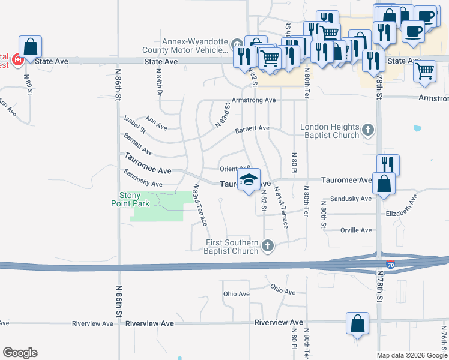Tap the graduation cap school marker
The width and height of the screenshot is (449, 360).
[249, 180]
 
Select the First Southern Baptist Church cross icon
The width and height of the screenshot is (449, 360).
[268, 245]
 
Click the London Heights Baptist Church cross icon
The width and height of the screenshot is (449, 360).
[368, 130]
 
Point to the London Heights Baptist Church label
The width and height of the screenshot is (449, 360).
[330, 131]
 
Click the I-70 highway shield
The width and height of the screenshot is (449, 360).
[390, 264]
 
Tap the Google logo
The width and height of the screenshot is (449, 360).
[20, 353]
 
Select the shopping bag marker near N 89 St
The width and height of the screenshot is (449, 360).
[30, 47]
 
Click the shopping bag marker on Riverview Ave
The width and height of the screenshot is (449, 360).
[357, 323]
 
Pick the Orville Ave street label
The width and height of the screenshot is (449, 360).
[356, 230]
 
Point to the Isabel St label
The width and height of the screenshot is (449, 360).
[134, 125]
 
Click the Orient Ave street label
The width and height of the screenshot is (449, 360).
[234, 169]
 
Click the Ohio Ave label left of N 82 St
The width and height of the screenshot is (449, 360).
[236, 294]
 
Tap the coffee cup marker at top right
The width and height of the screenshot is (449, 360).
[412, 31]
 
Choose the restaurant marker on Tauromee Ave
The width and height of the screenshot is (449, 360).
[388, 164]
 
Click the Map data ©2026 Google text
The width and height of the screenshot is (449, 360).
[411, 355]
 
